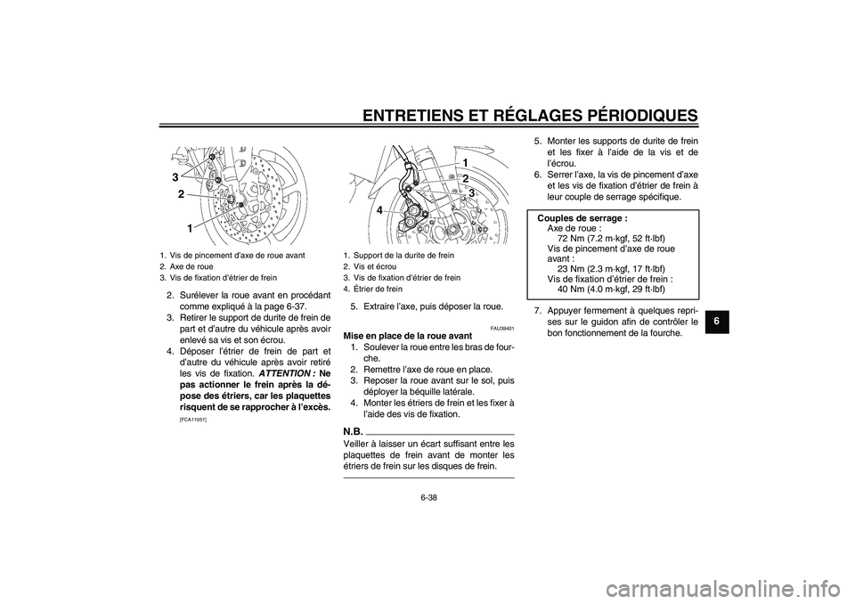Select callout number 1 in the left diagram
[x=190, y=229]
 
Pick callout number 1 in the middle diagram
[x=464, y=161]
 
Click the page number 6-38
[x=427, y=498]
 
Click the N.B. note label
[x=353, y=430]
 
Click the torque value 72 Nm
[x=575, y=239]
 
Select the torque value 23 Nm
[x=574, y=269]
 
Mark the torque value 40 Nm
[x=574, y=289]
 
